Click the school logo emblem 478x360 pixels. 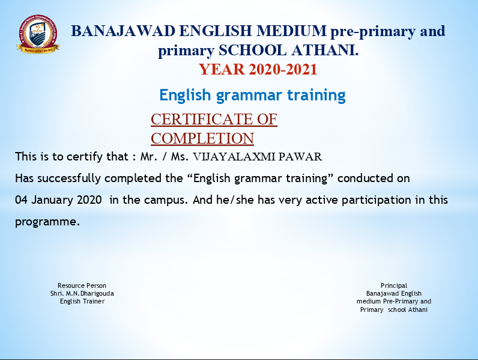click(38, 34)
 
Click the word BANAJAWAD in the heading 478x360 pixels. click(123, 31)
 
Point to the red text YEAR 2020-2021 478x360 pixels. click(258, 69)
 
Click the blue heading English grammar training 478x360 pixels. click(252, 95)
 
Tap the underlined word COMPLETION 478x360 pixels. click(202, 138)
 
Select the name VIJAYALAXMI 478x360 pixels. click(234, 157)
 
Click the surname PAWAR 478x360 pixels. click(300, 157)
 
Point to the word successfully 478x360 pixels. click(69, 178)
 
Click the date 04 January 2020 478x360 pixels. click(58, 200)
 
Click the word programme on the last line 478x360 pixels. click(47, 222)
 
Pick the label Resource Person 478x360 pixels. click(82, 285)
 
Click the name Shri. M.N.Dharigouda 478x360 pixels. click(82, 293)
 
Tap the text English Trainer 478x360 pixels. click(82, 302)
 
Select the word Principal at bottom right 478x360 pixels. click(394, 286)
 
